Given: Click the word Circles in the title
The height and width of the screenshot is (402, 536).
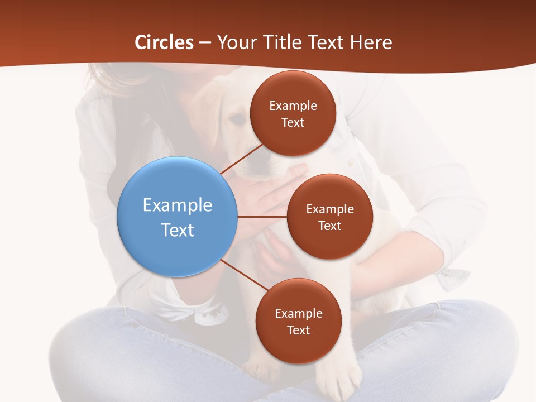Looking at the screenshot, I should point(164,42).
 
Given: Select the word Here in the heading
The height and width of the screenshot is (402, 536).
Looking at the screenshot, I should point(371,42).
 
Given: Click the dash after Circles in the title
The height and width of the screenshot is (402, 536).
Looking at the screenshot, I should point(205,43).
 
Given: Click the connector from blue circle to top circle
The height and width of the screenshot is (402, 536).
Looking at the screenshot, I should point(242,160).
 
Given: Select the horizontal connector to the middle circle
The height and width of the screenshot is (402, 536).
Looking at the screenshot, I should point(262,217).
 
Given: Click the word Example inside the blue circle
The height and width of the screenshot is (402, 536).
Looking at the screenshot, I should point(178,205).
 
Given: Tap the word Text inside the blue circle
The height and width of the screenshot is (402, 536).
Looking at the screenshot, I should point(178,230).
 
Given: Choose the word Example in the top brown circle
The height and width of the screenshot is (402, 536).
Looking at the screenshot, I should point(293,106).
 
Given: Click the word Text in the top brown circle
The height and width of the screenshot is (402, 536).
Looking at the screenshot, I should point(293,123).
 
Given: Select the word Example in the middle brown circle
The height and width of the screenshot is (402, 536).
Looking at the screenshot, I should point(330,209).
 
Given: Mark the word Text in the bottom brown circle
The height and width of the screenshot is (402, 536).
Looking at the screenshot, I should point(298,331).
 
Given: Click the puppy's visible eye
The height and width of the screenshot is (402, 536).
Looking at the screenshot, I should point(237,118).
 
